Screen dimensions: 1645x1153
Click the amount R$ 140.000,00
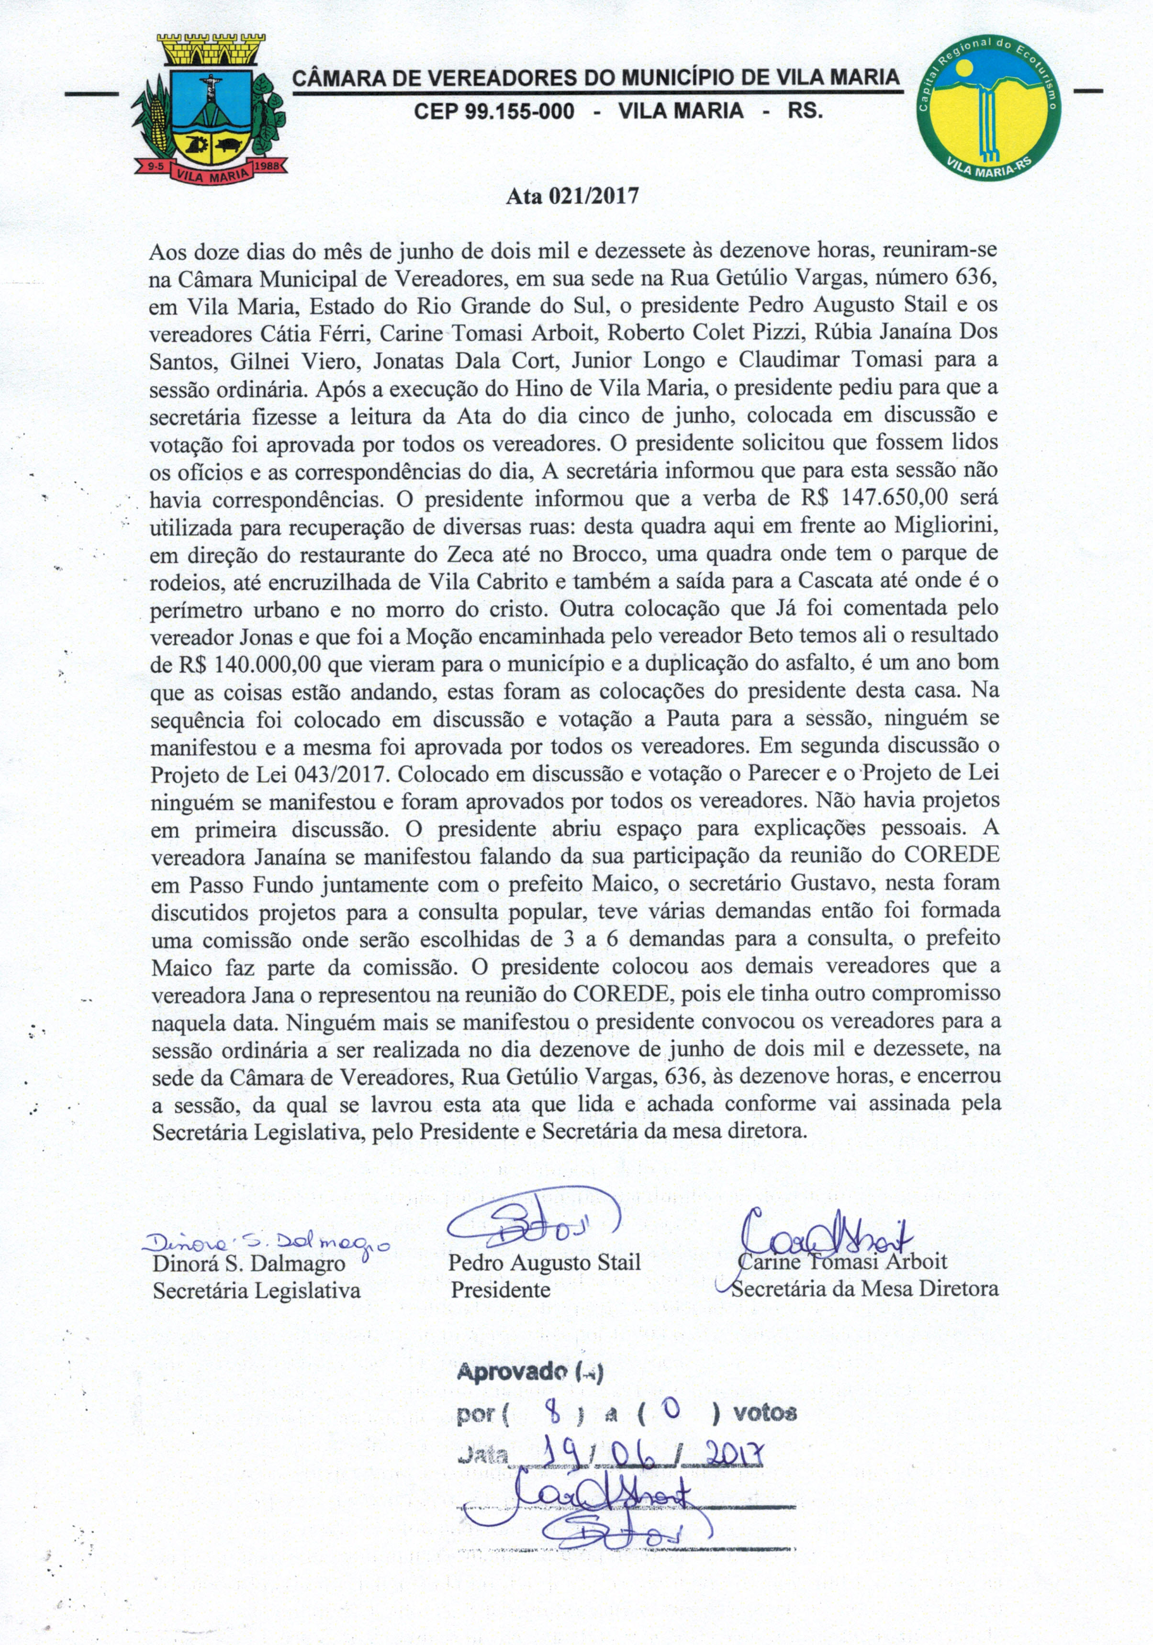235,664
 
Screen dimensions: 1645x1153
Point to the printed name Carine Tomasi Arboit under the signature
843,1263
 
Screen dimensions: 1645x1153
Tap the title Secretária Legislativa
257,1291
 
